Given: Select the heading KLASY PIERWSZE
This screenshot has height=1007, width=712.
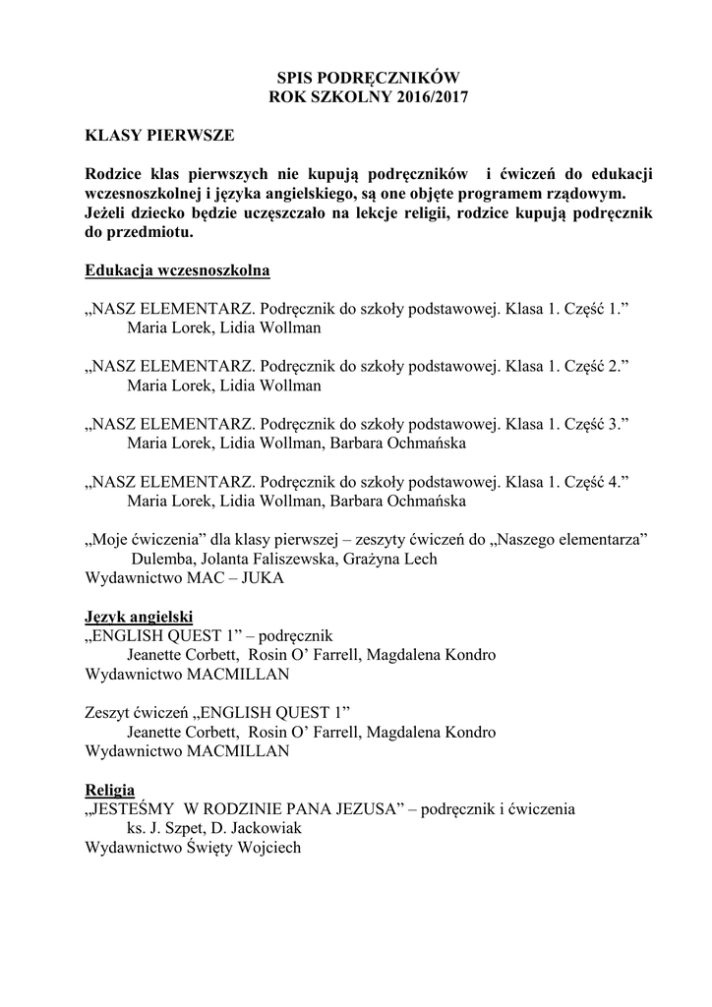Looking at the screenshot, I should [160, 135].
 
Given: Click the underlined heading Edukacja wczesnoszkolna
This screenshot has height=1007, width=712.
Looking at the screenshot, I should [178, 269].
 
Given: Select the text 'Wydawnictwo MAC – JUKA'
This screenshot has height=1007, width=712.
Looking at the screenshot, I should [185, 578].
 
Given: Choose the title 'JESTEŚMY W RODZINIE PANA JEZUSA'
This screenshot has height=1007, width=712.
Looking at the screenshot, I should [246, 809].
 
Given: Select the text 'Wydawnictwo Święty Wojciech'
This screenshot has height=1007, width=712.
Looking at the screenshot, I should [193, 848].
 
